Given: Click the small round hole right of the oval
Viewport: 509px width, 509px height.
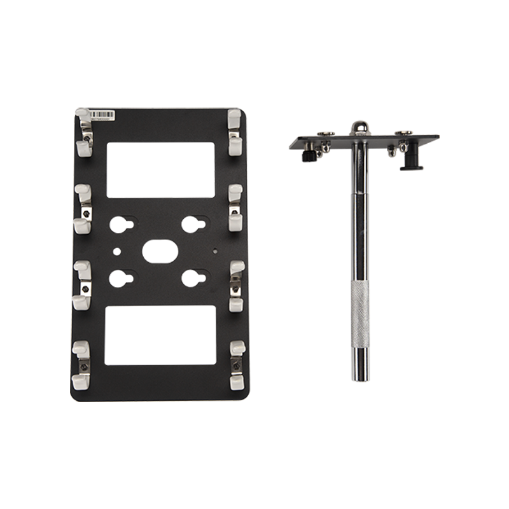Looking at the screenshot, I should coord(215,250).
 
